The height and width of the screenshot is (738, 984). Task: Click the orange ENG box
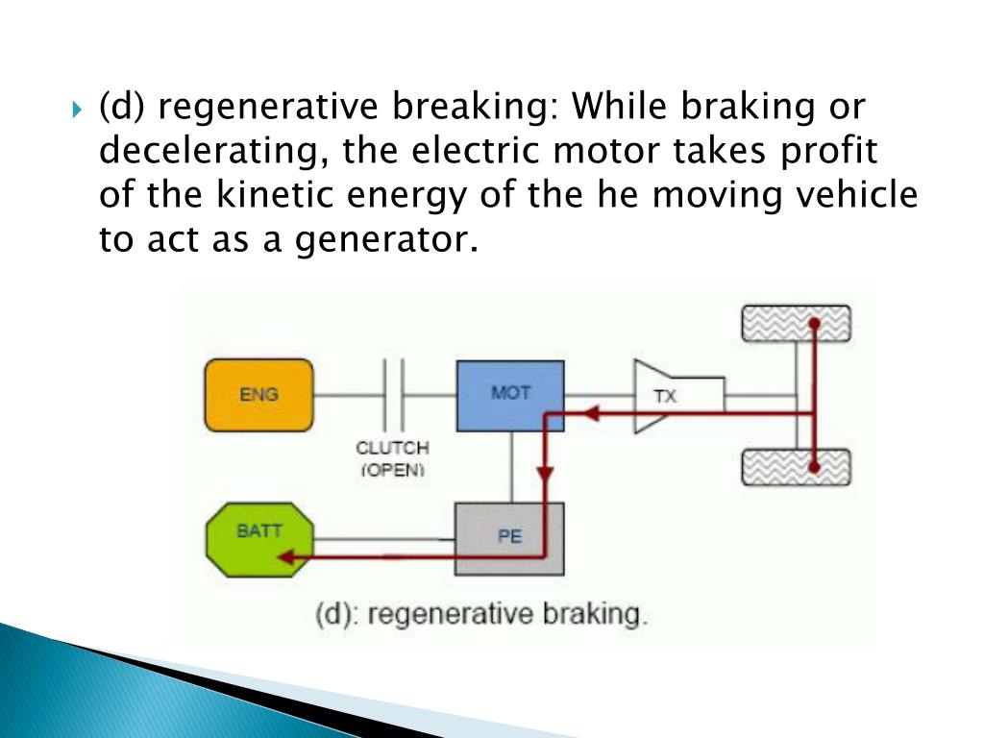coord(258,394)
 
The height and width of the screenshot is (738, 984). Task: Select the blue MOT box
coord(510,395)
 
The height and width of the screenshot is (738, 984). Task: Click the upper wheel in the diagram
coord(796,324)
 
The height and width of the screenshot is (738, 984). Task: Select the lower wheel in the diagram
coord(796,467)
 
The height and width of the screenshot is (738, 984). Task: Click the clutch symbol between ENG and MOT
coord(392,394)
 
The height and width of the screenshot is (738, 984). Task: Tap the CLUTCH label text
coord(392,448)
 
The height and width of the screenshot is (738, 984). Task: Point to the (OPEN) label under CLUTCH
coord(392,471)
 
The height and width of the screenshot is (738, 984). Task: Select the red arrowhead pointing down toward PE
coord(546,475)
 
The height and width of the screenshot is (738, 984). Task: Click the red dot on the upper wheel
coord(814,324)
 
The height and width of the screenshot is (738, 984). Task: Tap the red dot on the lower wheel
coord(814,468)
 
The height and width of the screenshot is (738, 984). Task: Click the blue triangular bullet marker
coord(78,108)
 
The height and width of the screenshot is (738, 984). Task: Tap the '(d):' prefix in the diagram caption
coord(335,613)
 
